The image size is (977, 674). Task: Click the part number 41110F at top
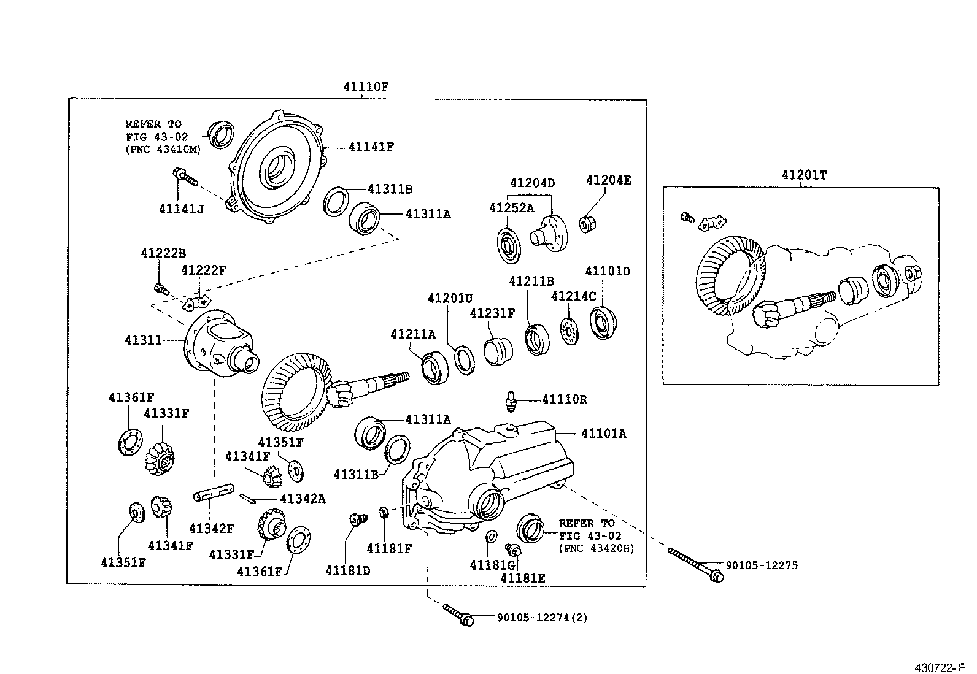pyautogui.click(x=366, y=86)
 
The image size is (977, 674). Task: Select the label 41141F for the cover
pyautogui.click(x=371, y=147)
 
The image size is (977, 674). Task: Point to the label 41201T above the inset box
pyautogui.click(x=804, y=175)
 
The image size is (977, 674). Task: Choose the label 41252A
pyautogui.click(x=511, y=208)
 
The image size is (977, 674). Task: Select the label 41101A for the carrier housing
pyautogui.click(x=604, y=434)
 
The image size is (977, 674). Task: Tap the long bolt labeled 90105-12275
pyautogui.click(x=693, y=563)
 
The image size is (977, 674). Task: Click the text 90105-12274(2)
pyautogui.click(x=542, y=618)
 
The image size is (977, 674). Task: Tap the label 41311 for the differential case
pyautogui.click(x=143, y=339)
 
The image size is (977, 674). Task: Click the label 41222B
pyautogui.click(x=163, y=253)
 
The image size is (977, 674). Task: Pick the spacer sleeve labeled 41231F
pyautogui.click(x=499, y=351)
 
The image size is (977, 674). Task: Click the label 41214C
pyautogui.click(x=573, y=296)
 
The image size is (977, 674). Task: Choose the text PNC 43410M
pyautogui.click(x=156, y=148)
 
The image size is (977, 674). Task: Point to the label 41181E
pyautogui.click(x=522, y=578)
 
